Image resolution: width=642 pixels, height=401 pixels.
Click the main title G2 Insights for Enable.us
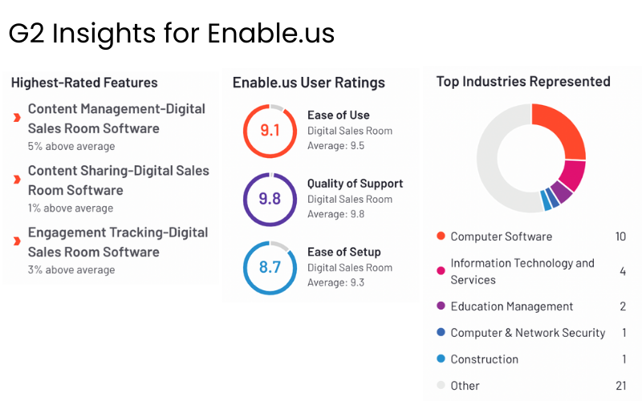pos(171,34)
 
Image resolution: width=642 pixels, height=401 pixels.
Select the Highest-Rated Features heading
pos(84,83)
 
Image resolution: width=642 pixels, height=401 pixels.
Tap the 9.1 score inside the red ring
pos(270,130)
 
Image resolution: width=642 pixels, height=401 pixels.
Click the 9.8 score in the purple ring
pos(270,198)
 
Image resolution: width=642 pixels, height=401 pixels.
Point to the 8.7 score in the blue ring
pos(270,267)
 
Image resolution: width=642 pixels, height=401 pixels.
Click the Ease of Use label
pos(338,115)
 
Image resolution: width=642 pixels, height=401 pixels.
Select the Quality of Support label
pos(355,184)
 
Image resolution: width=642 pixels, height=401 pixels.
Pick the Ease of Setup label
pos(343,252)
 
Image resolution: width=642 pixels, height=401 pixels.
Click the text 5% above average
pos(71,147)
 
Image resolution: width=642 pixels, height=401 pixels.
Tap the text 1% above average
pos(71,209)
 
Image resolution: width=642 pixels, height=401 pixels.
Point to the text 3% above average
pos(71,270)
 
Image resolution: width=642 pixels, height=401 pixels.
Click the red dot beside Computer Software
pos(441,237)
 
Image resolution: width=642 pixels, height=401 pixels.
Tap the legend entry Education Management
pos(511,306)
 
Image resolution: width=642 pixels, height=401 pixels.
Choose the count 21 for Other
pos(620,386)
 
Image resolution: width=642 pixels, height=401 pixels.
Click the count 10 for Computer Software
pos(620,237)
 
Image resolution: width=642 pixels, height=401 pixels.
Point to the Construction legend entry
pos(484,359)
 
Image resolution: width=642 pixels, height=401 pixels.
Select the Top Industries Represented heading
pos(523,82)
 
